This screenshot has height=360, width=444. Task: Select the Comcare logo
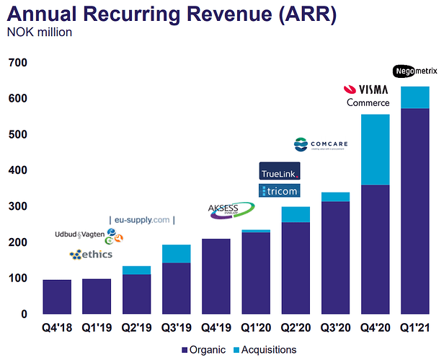coord(321,145)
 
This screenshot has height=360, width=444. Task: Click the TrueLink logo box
coord(279,172)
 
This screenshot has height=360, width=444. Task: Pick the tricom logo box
coord(279,190)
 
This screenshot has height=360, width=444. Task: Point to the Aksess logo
coord(231,209)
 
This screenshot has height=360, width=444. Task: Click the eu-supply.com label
coord(143,219)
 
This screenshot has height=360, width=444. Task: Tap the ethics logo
coord(91,255)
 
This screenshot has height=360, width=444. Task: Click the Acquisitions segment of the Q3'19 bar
coord(177,253)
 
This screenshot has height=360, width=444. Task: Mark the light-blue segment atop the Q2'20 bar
coord(296,214)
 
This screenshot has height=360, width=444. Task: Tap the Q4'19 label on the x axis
coord(216,329)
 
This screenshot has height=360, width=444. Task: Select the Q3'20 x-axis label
coord(334,329)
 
